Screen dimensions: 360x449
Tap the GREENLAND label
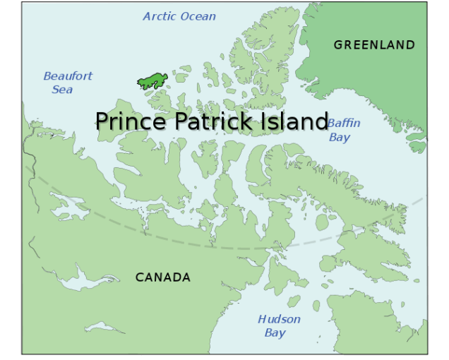[x=374, y=45]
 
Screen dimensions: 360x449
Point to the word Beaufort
[x=68, y=76]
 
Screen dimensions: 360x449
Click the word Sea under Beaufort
[x=62, y=90]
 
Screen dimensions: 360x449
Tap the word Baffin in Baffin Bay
[x=344, y=124]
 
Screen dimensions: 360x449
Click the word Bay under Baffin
[x=340, y=137]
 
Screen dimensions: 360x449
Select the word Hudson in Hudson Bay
[x=279, y=319]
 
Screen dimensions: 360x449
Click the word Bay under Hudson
[x=275, y=332]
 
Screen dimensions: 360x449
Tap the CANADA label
[x=163, y=277]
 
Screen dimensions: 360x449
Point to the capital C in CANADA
[x=140, y=277]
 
